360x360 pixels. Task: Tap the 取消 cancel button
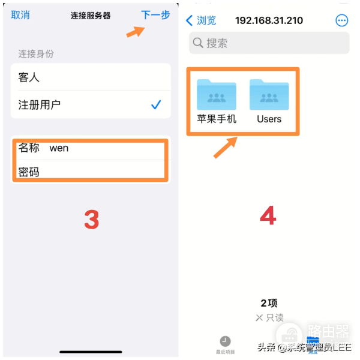(20, 15)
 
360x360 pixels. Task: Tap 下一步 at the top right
(155, 15)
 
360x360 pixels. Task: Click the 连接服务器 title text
(90, 16)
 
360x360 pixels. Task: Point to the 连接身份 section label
(36, 54)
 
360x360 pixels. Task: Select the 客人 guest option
(29, 77)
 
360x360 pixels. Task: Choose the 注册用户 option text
(40, 105)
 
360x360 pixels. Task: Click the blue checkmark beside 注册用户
(156, 105)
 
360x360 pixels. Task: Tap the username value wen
(59, 148)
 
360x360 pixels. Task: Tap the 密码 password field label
(29, 172)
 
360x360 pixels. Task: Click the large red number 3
(91, 220)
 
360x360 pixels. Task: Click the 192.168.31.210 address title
(270, 20)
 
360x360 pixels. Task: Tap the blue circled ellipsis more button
(341, 20)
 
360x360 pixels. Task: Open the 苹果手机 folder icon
(217, 94)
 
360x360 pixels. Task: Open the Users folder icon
(269, 94)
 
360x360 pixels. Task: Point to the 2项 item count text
(269, 303)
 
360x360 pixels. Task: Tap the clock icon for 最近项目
(225, 341)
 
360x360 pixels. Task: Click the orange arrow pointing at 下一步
(135, 31)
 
